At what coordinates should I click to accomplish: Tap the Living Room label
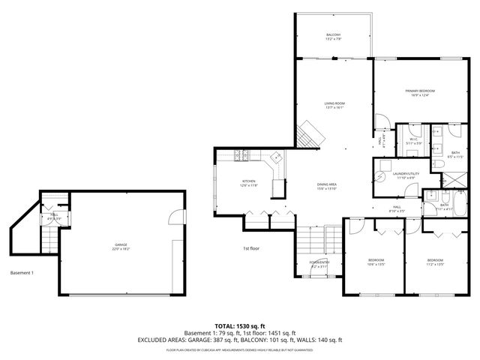click(x=334, y=105)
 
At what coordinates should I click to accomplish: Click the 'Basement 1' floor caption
click(x=22, y=272)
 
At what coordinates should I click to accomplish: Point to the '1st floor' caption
click(x=251, y=248)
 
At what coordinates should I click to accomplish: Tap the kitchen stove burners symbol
click(x=242, y=156)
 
